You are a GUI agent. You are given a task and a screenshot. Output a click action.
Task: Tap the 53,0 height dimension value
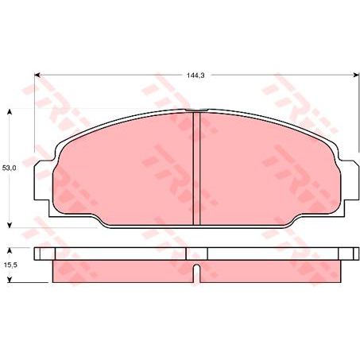click(x=10, y=168)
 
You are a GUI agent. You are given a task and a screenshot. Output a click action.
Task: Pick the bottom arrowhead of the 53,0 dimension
click(x=10, y=224)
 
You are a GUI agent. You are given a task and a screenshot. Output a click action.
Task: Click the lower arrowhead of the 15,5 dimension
click(x=10, y=279)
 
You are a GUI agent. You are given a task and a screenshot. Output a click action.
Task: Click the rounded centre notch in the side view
click(x=196, y=255)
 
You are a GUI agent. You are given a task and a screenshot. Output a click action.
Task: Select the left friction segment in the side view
click(x=119, y=271)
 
